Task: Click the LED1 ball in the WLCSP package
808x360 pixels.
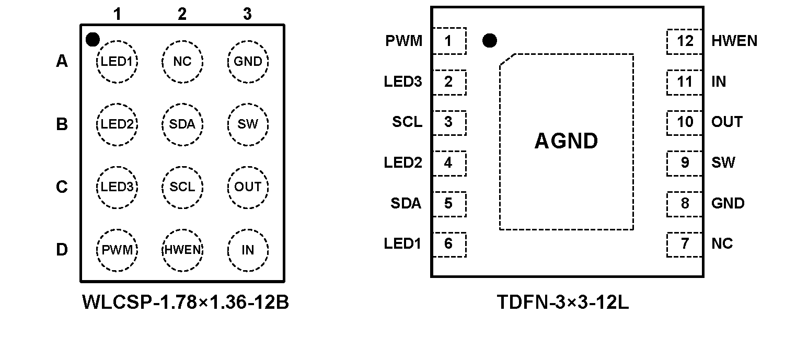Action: coord(117,62)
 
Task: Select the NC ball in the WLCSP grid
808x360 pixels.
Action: coord(182,62)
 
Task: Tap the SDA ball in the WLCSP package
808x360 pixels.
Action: coord(182,124)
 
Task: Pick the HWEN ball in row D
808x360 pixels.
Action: coord(182,250)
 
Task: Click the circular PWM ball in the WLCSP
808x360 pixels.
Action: coord(117,250)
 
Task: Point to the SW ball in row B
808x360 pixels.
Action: coord(248,124)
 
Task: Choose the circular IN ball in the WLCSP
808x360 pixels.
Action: coord(248,250)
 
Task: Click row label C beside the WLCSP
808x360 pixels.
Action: coord(62,187)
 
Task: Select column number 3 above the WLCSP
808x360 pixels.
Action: coord(247,14)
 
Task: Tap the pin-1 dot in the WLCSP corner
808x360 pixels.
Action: coord(93,39)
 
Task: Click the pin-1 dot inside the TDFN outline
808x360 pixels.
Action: coord(489,41)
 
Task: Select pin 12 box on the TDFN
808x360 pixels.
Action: coord(685,41)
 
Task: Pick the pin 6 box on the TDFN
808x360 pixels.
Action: coord(448,244)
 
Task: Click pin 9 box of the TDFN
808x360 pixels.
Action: coord(685,163)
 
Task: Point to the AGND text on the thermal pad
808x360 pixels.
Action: coord(566,141)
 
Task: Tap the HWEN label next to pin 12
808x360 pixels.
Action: coord(734,41)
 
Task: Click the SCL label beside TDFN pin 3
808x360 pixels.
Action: coord(407,122)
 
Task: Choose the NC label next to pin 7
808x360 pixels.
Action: coord(722,244)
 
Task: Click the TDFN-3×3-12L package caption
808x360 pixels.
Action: coord(563,303)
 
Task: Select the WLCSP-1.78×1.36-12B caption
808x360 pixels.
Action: coord(186,303)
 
